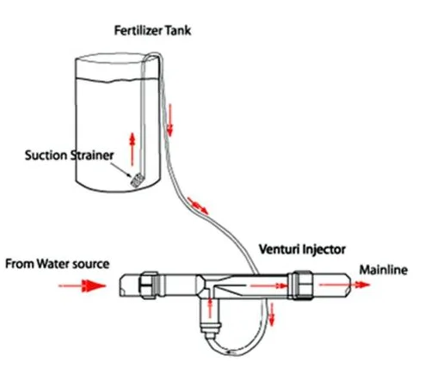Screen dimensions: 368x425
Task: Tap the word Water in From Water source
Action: [x=64, y=263]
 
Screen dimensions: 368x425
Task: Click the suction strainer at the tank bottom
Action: [x=135, y=181]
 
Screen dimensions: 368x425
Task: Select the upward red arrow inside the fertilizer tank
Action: [x=132, y=147]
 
